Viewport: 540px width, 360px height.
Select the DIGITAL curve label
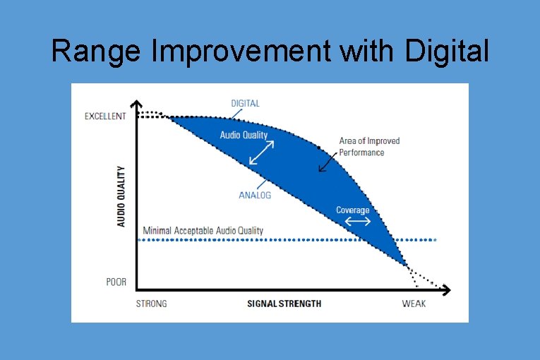point(245,104)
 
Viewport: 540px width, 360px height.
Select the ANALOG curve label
point(255,196)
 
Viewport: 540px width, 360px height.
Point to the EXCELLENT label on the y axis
point(105,116)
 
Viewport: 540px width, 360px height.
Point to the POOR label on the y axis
point(116,282)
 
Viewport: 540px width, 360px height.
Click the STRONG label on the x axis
point(151,304)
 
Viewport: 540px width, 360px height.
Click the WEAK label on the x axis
point(414,304)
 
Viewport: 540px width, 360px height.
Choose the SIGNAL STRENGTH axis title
point(284,304)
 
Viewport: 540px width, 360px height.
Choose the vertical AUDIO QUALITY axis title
point(121,197)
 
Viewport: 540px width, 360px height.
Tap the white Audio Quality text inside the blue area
point(244,135)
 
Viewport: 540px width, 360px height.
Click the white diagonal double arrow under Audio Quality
point(261,153)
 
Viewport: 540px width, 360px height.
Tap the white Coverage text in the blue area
point(352,210)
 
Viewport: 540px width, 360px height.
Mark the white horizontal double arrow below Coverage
point(356,222)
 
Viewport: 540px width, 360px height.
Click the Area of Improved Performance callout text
point(369,146)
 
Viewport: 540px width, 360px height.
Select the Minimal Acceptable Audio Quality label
point(203,231)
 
